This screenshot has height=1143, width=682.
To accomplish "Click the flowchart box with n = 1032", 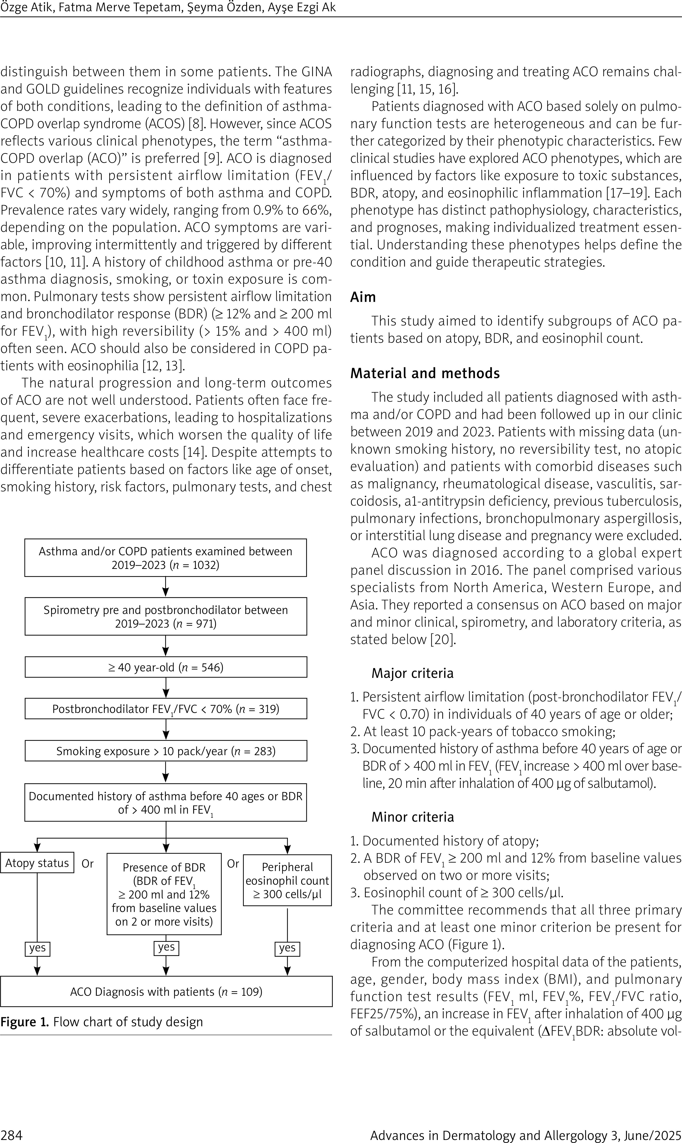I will click(165, 557).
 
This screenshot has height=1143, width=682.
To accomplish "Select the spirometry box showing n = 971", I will click(165, 616).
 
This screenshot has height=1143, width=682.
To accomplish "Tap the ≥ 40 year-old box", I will click(165, 667).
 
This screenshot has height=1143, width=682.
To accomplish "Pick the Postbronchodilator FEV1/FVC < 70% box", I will click(165, 709).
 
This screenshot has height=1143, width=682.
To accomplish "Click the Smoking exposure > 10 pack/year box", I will click(165, 751).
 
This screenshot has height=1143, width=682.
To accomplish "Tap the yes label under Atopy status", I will click(37, 948).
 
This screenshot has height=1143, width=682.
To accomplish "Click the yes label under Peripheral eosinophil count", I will click(287, 948).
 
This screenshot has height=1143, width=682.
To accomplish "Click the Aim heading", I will click(363, 297).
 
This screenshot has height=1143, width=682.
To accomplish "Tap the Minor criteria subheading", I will click(412, 817).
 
